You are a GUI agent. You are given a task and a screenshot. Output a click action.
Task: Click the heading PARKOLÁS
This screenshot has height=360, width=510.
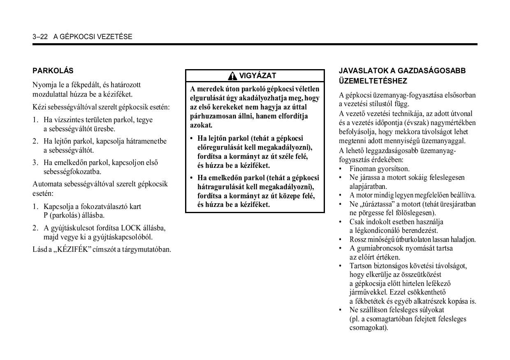[53, 71]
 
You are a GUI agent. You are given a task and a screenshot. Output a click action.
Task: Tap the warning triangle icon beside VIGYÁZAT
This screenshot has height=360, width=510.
[233, 76]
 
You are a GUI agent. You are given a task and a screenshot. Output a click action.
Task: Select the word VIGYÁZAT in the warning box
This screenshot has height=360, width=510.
[258, 76]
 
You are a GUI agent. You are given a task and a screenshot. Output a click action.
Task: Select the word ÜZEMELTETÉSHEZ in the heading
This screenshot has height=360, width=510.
[367, 81]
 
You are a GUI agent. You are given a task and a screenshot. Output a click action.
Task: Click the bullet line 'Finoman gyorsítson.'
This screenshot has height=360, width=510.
[380, 169]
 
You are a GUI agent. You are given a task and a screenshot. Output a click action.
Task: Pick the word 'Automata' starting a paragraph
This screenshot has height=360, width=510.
[47, 184]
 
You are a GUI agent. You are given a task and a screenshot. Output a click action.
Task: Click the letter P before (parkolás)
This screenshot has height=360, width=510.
[46, 215]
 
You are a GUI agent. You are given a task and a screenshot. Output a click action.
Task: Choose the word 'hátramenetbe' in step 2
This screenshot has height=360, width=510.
[146, 141]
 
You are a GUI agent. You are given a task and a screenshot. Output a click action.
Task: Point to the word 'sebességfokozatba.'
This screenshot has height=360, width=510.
[72, 172]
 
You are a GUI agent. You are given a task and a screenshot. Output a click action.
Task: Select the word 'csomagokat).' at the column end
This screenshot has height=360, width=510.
[369, 328]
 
